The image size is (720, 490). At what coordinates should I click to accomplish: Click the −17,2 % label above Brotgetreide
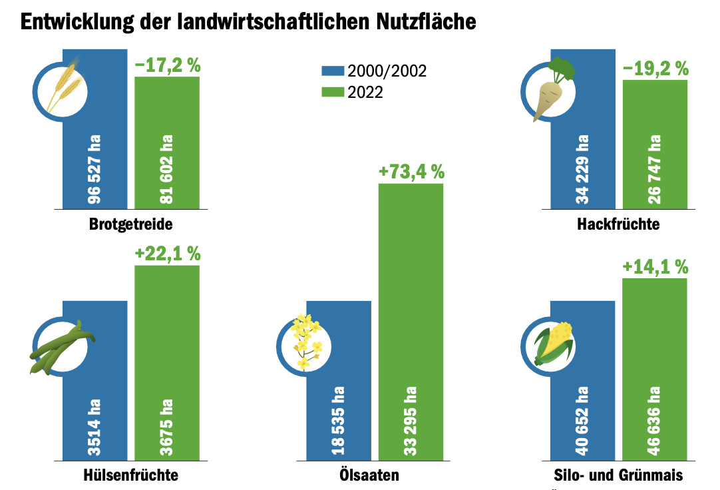tap(167, 65)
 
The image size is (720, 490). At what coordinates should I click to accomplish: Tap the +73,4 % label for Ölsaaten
tap(411, 172)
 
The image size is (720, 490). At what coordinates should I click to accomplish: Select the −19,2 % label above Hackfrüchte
tap(655, 69)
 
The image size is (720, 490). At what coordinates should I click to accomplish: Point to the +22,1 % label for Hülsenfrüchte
tap(167, 254)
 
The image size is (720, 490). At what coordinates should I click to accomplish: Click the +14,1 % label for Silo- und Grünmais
tap(655, 267)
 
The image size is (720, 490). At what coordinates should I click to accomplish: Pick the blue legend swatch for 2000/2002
tap(332, 71)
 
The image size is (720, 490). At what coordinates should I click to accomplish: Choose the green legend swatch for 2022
tap(332, 93)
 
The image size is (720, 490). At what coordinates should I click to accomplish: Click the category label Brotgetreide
tap(130, 224)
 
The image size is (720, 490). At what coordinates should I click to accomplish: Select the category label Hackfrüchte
tap(618, 224)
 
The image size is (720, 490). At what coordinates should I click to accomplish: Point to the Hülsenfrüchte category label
tap(131, 475)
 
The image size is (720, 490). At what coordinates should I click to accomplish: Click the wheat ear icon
tap(62, 87)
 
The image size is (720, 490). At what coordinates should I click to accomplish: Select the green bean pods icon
tap(62, 346)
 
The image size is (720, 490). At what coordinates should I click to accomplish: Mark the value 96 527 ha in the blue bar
tap(94, 170)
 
